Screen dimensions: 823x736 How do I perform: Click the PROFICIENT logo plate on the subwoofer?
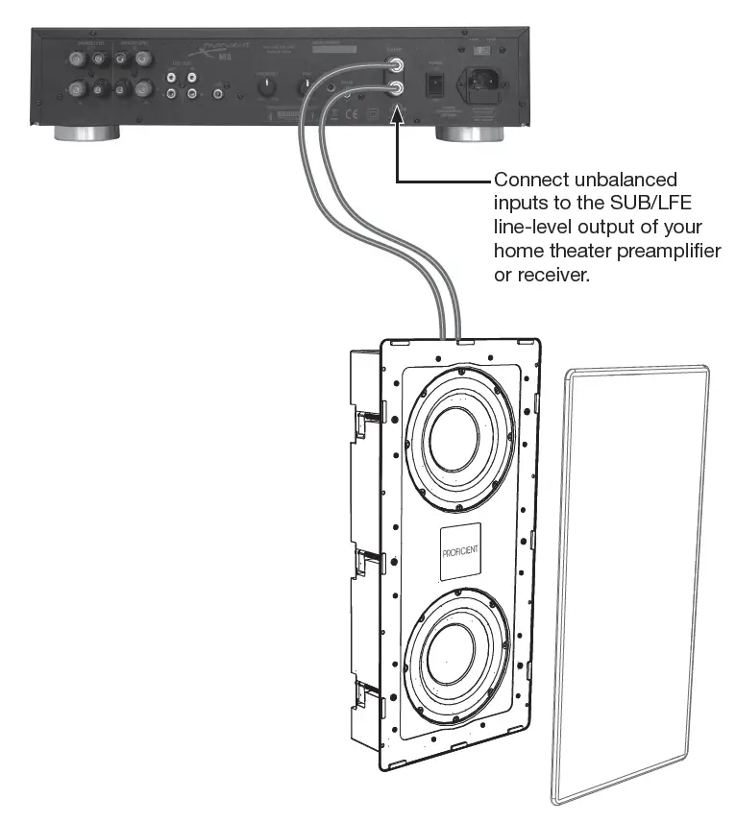point(460,554)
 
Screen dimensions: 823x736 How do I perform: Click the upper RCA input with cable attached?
point(395,66)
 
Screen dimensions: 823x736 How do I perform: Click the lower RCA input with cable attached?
point(395,89)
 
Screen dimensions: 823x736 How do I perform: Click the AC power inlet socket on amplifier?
point(483,82)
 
